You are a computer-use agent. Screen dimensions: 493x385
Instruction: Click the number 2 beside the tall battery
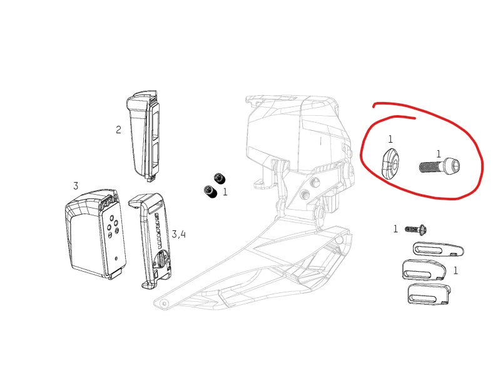pyautogui.click(x=118, y=130)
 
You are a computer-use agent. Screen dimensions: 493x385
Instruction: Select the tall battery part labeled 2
pyautogui.click(x=143, y=136)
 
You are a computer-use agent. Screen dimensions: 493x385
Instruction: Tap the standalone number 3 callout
pyautogui.click(x=76, y=186)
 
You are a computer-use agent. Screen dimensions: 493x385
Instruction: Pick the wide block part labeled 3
pyautogui.click(x=96, y=234)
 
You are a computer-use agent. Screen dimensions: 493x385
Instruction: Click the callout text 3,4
pyautogui.click(x=178, y=234)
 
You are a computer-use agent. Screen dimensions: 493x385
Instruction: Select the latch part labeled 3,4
pyautogui.click(x=151, y=240)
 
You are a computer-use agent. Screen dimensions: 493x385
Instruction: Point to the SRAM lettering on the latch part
pyautogui.click(x=159, y=230)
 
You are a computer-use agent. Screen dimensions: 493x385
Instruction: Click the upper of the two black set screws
pyautogui.click(x=219, y=178)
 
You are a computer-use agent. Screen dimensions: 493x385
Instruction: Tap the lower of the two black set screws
pyautogui.click(x=210, y=192)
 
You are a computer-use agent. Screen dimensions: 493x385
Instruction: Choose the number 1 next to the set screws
pyautogui.click(x=225, y=192)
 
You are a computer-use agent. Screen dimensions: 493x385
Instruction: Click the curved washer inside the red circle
pyautogui.click(x=390, y=163)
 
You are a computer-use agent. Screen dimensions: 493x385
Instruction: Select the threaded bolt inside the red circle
pyautogui.click(x=440, y=166)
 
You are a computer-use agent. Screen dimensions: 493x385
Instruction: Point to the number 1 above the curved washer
pyautogui.click(x=390, y=139)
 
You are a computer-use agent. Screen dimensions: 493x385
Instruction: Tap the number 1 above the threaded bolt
pyautogui.click(x=439, y=154)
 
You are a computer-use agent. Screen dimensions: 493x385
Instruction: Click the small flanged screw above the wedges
pyautogui.click(x=415, y=230)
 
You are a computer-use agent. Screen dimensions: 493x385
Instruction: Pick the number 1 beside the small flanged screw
pyautogui.click(x=395, y=228)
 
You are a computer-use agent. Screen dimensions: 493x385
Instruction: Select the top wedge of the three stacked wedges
pyautogui.click(x=438, y=249)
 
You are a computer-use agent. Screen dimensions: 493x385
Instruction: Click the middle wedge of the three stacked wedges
pyautogui.click(x=424, y=270)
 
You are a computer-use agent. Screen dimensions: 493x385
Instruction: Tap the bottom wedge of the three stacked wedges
pyautogui.click(x=429, y=294)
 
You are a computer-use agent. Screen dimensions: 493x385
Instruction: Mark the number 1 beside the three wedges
pyautogui.click(x=455, y=270)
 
